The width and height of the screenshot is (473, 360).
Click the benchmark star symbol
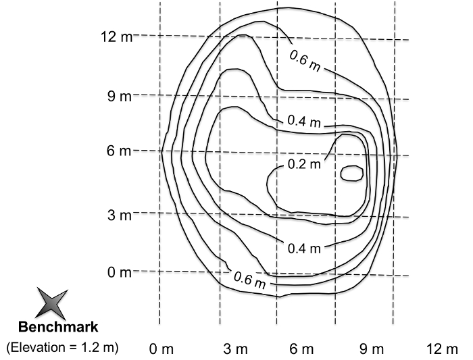pos(51,304)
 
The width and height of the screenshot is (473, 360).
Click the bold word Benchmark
pos(58,327)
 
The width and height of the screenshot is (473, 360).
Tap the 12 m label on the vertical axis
pos(116,36)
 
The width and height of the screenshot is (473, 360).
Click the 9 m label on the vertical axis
pos(120,97)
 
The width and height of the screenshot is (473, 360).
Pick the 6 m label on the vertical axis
pos(119,150)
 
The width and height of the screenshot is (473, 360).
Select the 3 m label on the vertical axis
pos(120,215)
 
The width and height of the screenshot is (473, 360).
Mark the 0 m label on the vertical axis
pos(120,272)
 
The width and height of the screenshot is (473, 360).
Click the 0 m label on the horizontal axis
pos(161,349)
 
